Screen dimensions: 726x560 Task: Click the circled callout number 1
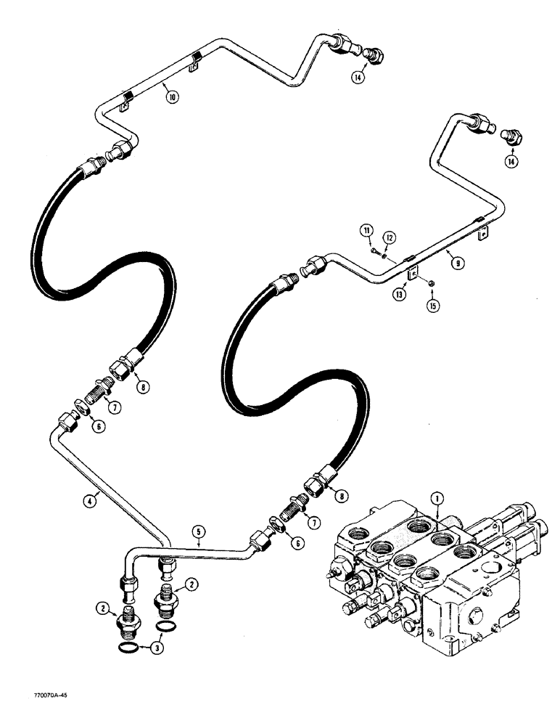(437, 498)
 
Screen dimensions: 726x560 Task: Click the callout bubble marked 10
(171, 96)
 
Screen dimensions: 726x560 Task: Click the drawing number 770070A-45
(33, 715)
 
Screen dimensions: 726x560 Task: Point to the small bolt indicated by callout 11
(373, 251)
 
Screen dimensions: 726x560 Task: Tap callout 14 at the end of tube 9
(513, 162)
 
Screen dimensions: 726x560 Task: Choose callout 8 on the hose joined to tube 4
(144, 388)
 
